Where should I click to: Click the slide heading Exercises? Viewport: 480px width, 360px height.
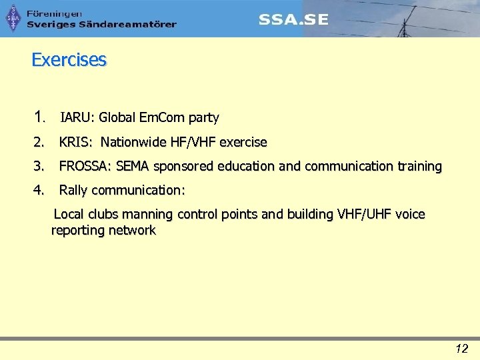click(69, 60)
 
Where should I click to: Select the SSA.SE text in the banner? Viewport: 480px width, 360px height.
click(293, 19)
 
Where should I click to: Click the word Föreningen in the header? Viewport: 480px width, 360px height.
click(55, 13)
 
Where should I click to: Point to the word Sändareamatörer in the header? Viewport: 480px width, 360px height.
click(127, 25)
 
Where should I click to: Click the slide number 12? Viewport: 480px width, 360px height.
click(461, 348)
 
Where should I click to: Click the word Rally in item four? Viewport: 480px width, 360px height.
click(73, 190)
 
